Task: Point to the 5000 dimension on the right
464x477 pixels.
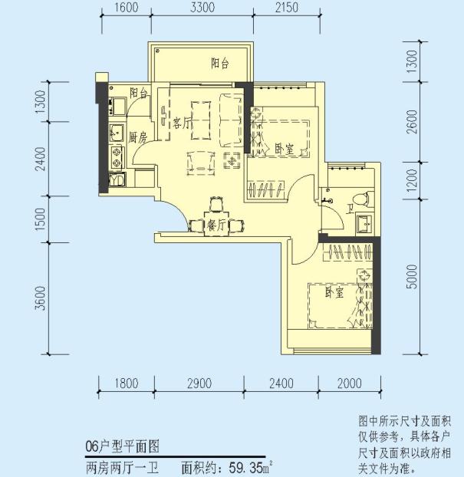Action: click(x=413, y=276)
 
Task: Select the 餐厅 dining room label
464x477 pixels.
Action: click(x=216, y=225)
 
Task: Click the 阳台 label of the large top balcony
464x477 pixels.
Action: click(x=220, y=64)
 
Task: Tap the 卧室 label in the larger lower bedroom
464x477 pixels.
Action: click(x=333, y=293)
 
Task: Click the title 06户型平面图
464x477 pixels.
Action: click(x=123, y=447)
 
